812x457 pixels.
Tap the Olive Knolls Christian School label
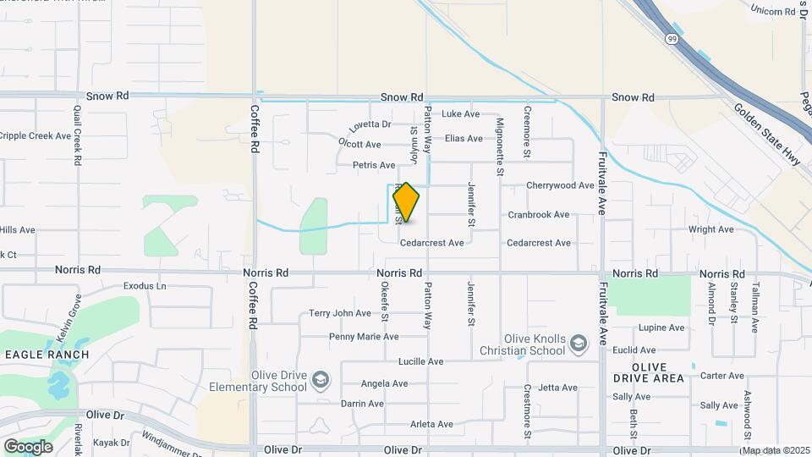(522, 344)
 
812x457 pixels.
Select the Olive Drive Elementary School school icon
(321, 378)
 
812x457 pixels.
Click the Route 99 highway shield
(671, 39)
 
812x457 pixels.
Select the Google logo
(28, 446)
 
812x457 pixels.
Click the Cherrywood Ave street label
(560, 185)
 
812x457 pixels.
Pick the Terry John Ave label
(340, 313)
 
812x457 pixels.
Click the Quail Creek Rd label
(77, 135)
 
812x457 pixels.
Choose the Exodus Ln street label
(145, 286)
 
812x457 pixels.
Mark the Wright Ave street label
(710, 229)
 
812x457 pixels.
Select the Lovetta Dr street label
(370, 124)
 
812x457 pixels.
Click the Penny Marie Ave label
(364, 337)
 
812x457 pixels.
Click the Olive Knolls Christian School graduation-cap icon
(578, 342)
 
